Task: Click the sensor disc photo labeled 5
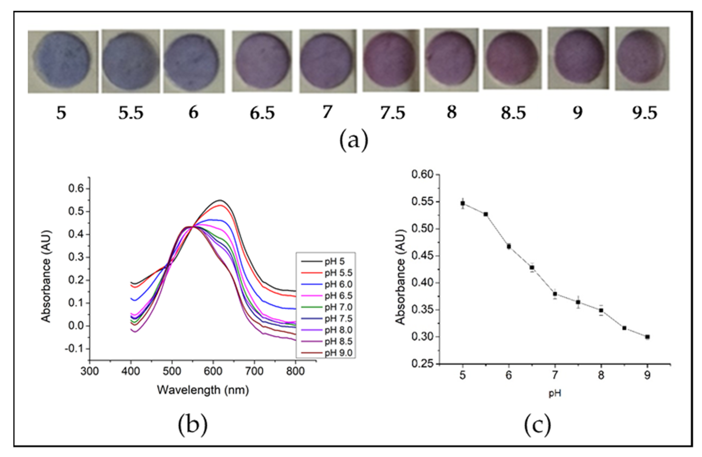tap(63, 62)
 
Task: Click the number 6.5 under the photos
tap(262, 113)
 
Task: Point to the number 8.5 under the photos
tap(513, 113)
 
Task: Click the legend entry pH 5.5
tap(338, 273)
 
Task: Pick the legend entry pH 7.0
tap(338, 307)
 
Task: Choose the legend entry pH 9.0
tap(338, 353)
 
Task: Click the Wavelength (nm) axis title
tap(203, 390)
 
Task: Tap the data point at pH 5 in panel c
tap(463, 203)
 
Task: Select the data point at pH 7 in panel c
tap(555, 294)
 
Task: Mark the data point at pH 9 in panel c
tap(647, 337)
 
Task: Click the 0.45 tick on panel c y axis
tap(423, 256)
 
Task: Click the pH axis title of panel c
tap(554, 394)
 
